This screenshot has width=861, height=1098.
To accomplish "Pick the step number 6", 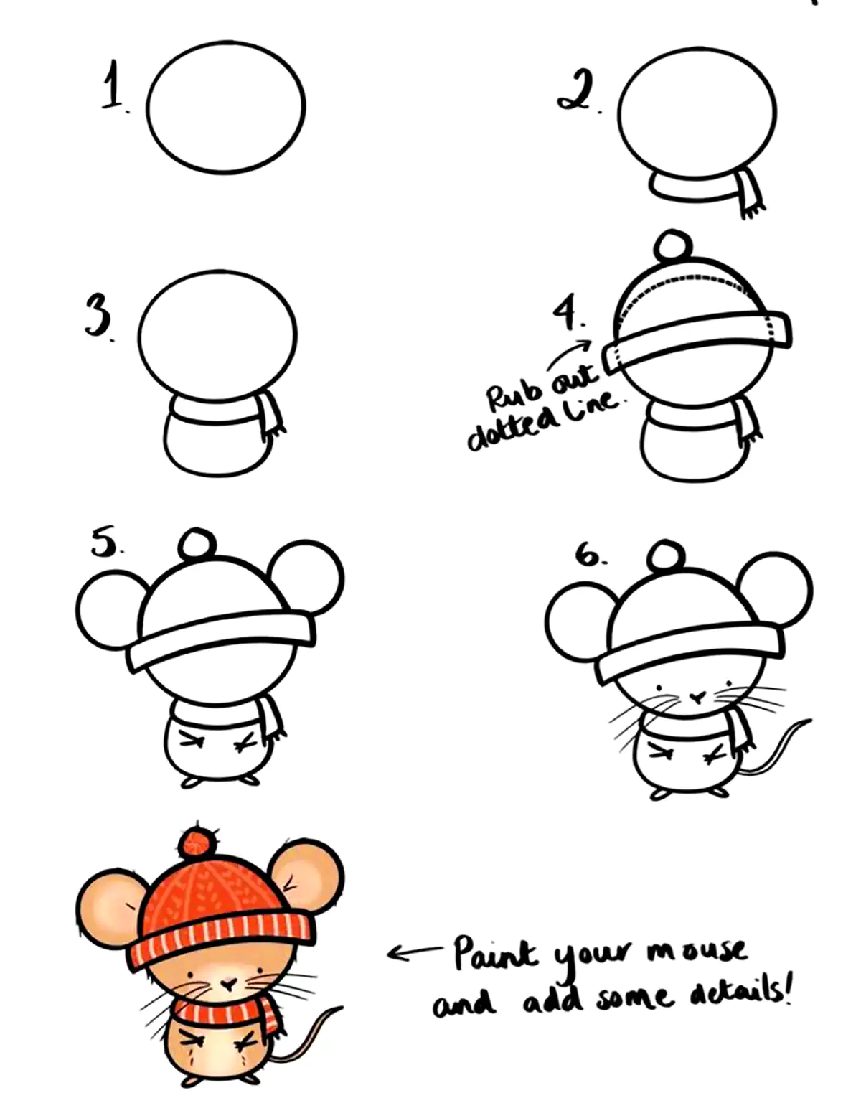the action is click(588, 554).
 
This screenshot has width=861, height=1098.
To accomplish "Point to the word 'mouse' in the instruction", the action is click(697, 950).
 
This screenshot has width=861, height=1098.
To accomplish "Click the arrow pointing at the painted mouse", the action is click(414, 952).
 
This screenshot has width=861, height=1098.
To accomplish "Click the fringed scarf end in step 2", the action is click(751, 193).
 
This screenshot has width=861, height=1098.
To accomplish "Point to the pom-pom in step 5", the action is click(197, 544).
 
